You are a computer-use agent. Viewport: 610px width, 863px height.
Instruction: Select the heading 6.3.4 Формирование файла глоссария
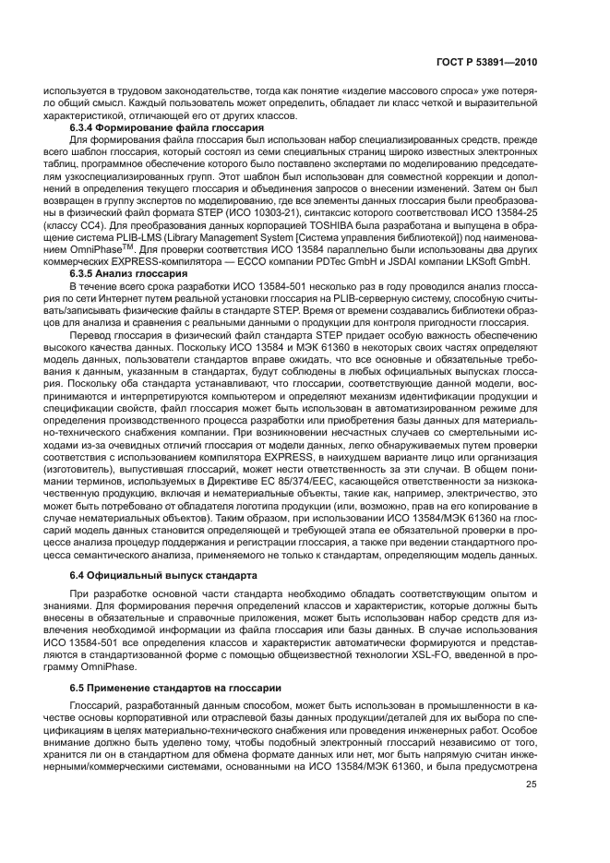point(168,126)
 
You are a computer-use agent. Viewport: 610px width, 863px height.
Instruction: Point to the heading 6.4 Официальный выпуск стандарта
point(164,575)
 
